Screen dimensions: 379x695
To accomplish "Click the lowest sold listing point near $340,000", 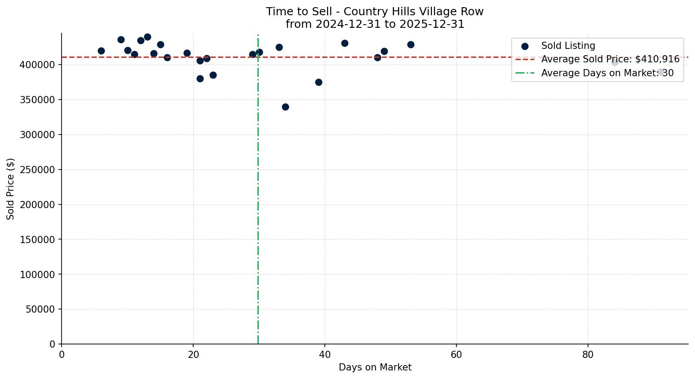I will [x=285, y=107].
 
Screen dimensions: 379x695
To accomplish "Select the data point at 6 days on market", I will [x=101, y=51].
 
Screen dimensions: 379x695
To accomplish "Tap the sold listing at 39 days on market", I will [x=319, y=82].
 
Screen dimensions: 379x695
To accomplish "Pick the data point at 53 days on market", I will [x=411, y=44].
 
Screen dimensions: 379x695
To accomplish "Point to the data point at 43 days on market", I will [x=345, y=43].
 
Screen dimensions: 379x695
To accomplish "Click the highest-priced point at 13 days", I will [x=147, y=37].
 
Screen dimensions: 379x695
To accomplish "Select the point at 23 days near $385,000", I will [x=213, y=75].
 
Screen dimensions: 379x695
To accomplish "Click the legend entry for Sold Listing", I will [x=568, y=46].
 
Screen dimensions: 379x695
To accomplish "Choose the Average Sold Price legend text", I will [x=610, y=59].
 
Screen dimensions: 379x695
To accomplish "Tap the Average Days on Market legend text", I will [x=607, y=73].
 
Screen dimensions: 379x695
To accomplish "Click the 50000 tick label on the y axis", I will [x=40, y=309].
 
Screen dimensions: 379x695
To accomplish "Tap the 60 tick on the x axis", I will [x=456, y=355].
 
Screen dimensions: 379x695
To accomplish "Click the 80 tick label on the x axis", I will [x=588, y=355].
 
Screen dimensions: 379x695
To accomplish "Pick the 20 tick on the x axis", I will [x=193, y=355].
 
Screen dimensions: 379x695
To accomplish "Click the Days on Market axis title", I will [x=375, y=367].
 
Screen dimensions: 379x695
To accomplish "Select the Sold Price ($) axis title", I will [x=10, y=188].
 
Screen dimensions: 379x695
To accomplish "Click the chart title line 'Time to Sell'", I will [x=375, y=12].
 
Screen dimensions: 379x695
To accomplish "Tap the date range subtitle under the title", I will [x=375, y=24].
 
